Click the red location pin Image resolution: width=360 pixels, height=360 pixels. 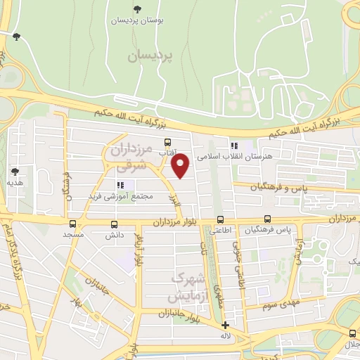[181, 165]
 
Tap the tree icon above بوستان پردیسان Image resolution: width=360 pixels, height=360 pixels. [137, 10]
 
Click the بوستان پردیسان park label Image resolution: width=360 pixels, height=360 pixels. [137, 21]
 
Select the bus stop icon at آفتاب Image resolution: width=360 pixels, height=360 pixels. [167, 143]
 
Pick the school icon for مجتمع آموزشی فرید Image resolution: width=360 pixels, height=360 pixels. [120, 185]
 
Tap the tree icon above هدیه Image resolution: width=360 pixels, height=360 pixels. [15, 171]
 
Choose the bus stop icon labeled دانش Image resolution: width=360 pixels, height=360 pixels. [115, 225]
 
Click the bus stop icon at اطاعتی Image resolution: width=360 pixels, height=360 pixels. [221, 219]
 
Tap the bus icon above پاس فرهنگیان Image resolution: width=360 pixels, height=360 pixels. [267, 219]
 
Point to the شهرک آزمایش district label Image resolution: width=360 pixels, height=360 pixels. [188, 284]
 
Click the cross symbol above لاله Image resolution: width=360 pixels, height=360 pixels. [225, 325]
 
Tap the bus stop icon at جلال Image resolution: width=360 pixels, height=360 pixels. [352, 333]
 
